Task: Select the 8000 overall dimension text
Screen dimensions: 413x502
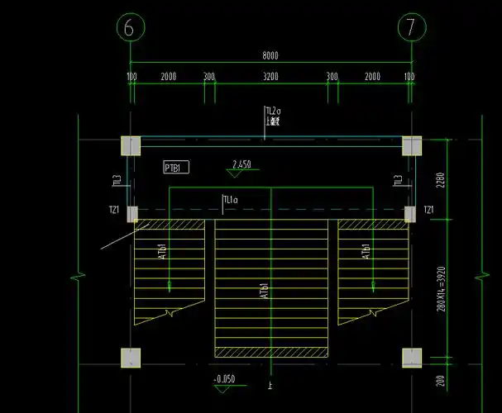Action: (270, 56)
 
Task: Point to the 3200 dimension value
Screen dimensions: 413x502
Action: (270, 76)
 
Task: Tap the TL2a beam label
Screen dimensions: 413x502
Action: (273, 111)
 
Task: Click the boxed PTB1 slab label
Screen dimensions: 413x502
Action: (176, 168)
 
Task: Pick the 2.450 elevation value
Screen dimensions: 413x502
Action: (241, 164)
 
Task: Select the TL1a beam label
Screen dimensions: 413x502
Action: (230, 199)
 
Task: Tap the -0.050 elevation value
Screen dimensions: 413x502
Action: (223, 379)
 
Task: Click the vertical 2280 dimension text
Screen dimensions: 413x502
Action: (442, 179)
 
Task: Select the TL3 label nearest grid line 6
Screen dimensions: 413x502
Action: (117, 179)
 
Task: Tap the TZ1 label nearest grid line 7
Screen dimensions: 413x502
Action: (428, 211)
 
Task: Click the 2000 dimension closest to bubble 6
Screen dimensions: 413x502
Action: (168, 76)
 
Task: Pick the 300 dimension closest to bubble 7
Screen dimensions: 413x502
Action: (332, 76)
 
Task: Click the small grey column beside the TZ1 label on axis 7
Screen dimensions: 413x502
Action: (409, 214)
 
